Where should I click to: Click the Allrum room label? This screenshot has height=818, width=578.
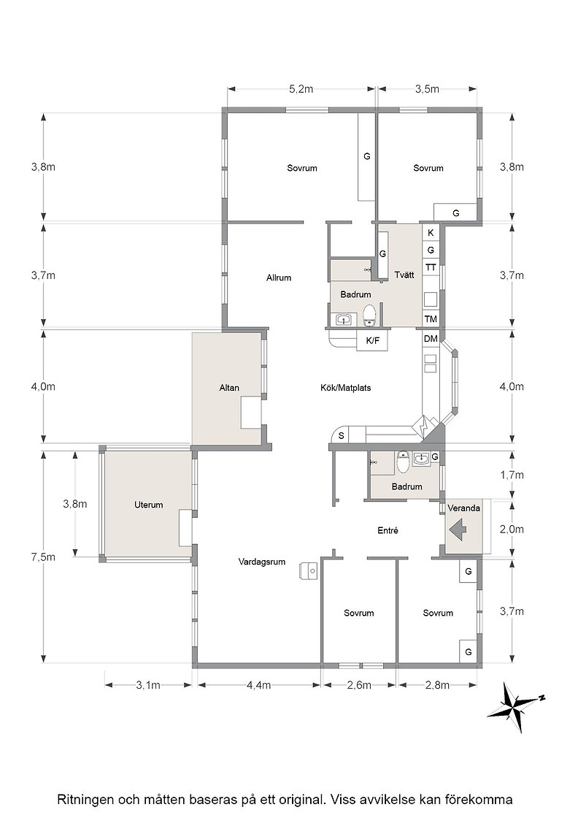coord(278,278)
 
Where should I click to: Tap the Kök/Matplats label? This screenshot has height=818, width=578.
coord(345,388)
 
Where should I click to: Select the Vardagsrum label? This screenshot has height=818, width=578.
coord(262,562)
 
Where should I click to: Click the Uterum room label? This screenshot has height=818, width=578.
coord(149,505)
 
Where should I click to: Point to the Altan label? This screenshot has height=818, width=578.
coord(229,388)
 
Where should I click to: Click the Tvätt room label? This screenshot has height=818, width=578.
coord(404,275)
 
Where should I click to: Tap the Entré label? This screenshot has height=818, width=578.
coord(388,530)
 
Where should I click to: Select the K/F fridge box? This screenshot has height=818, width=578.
coord(373,341)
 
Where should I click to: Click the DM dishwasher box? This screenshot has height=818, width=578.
coord(431,339)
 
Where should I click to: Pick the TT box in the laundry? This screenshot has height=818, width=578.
coord(431,267)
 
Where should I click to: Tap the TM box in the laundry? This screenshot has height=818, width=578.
coord(431,318)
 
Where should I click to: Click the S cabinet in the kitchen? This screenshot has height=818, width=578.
coord(342,435)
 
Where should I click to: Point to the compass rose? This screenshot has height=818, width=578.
coord(516,708)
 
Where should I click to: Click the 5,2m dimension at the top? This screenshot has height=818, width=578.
coord(301,88)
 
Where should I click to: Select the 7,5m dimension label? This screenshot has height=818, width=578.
coord(43,557)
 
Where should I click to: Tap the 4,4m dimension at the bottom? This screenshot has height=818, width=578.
coord(258,684)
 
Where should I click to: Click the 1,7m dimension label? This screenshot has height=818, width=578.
coord(512,475)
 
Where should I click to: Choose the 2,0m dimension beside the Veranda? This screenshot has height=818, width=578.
coord(512,529)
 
